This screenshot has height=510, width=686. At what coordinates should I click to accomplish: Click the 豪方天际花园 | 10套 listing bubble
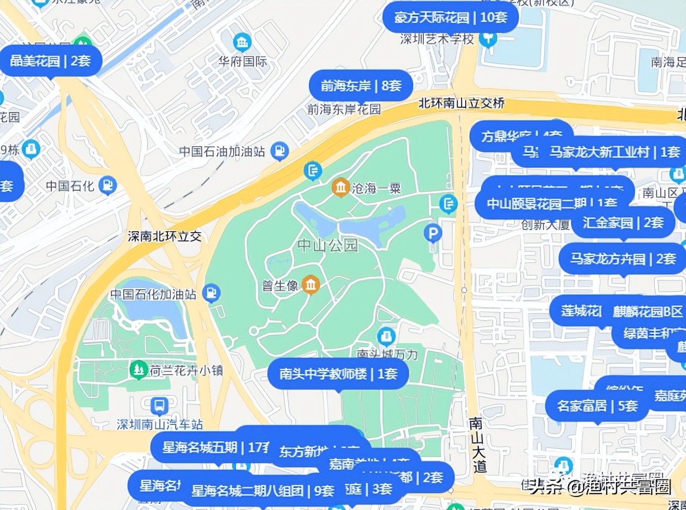tap(450, 18)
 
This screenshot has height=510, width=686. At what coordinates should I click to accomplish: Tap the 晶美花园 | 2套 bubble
tap(50, 61)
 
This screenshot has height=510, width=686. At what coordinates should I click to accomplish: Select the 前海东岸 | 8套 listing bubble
tap(361, 86)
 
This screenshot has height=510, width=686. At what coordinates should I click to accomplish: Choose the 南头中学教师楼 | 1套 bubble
tap(338, 374)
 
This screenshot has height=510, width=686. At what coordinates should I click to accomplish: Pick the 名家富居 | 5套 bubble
tap(597, 406)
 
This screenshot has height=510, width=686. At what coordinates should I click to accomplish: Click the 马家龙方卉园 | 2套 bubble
tap(623, 259)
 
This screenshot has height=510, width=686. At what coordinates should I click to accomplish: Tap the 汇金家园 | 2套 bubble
tap(623, 223)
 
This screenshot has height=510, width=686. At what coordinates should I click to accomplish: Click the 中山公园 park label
tap(327, 245)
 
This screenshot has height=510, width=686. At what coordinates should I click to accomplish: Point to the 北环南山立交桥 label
tap(461, 103)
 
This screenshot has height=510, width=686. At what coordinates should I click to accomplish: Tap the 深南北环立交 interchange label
tap(164, 236)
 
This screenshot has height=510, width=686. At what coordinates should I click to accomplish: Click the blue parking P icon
tap(433, 233)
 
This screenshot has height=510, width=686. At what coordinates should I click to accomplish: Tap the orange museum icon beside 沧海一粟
tap(340, 187)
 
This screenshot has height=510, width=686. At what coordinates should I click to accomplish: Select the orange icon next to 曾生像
tap(310, 284)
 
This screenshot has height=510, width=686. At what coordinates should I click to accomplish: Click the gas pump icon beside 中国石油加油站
tap(279, 151)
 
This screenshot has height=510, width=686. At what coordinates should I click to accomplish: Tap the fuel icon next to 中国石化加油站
tap(211, 293)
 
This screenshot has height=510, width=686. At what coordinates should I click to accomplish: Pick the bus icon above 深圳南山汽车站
tap(159, 405)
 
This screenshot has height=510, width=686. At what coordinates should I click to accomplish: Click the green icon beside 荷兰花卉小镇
tap(138, 370)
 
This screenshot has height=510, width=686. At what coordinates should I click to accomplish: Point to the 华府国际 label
tap(242, 61)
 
